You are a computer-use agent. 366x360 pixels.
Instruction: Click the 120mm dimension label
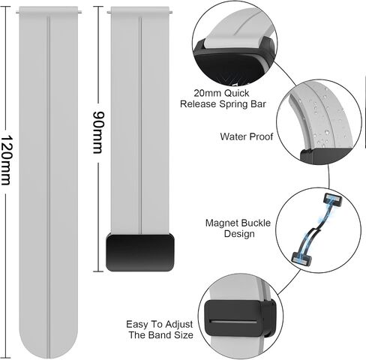pyautogui.click(x=5, y=160)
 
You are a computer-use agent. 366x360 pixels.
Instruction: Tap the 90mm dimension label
pyautogui.click(x=97, y=133)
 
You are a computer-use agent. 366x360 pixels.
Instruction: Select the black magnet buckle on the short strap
pyautogui.click(x=140, y=253)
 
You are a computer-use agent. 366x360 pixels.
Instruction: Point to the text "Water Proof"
pyautogui.click(x=247, y=136)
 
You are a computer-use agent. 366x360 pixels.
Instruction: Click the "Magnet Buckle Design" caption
pyautogui.click(x=238, y=228)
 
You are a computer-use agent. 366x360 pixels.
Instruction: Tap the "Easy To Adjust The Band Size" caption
pyautogui.click(x=160, y=329)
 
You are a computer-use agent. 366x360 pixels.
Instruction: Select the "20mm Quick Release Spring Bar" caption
pyautogui.click(x=223, y=98)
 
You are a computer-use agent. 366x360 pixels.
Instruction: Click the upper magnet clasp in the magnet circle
pyautogui.click(x=332, y=199)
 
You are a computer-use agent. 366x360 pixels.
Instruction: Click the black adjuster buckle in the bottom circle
pyautogui.click(x=239, y=318)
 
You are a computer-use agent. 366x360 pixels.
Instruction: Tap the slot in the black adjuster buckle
pyautogui.click(x=233, y=321)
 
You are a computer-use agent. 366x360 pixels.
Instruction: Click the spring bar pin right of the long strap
pyautogui.click(x=79, y=13)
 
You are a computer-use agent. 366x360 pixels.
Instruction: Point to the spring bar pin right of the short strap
pyautogui.click(x=170, y=13)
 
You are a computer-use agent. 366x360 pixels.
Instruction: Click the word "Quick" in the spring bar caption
pyautogui.click(x=236, y=93)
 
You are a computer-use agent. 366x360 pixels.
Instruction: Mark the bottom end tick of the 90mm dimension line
pyautogui.click(x=98, y=271)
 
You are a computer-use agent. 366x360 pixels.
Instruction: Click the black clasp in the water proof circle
pyautogui.click(x=325, y=156)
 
